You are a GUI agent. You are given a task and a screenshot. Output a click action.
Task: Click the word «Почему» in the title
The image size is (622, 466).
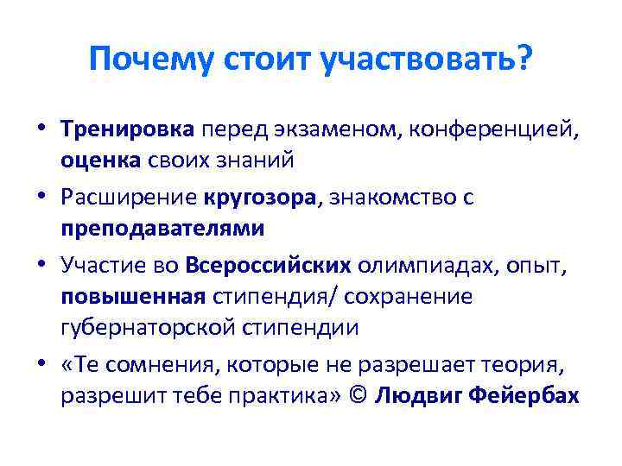click(x=150, y=60)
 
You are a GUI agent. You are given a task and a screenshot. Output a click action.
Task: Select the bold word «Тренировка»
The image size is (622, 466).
click(x=128, y=129)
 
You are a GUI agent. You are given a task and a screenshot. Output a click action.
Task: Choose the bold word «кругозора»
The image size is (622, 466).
click(x=261, y=198)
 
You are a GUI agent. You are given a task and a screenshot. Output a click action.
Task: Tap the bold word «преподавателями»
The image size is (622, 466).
click(x=162, y=229)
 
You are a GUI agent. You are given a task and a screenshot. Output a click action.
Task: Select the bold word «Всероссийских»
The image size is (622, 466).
click(x=268, y=266)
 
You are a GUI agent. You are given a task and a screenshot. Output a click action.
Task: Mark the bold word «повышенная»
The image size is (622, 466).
click(x=132, y=297)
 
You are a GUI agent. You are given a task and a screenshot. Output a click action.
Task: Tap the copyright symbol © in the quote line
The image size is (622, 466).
click(x=360, y=396)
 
